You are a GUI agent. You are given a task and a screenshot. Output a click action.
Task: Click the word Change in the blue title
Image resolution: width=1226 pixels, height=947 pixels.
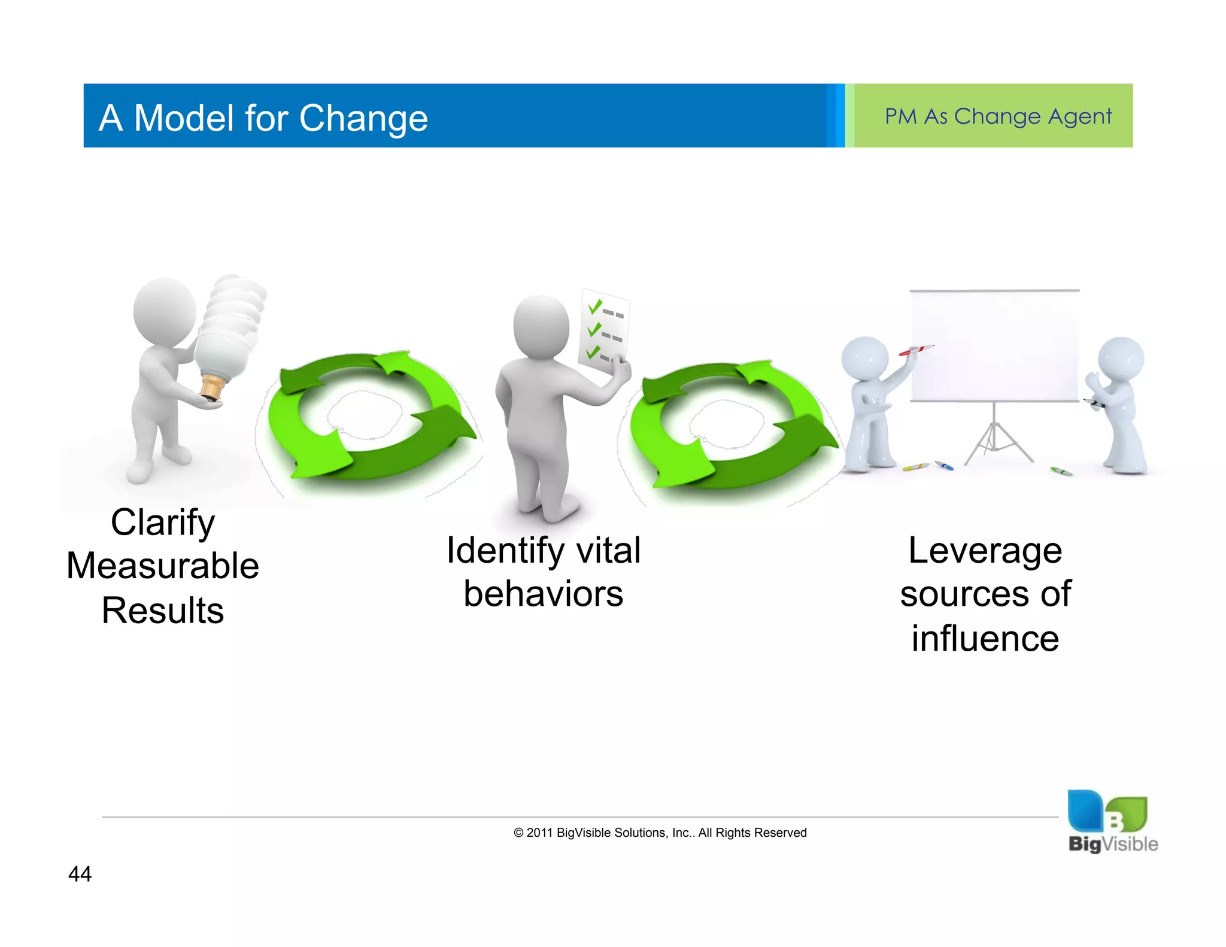pos(363,118)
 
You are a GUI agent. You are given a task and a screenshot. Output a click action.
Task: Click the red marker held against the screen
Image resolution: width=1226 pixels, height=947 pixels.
pos(915,350)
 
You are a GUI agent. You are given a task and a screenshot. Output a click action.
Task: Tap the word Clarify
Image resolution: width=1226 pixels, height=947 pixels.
pos(163,523)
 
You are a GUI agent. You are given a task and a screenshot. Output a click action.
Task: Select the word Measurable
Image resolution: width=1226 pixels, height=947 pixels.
pos(163,566)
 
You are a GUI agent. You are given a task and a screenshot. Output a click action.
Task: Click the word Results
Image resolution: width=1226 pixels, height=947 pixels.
pos(163,611)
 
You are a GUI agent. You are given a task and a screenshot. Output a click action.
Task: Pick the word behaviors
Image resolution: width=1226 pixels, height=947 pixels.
pos(543,594)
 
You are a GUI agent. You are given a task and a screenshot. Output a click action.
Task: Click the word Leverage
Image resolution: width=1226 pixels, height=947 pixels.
pos(985,551)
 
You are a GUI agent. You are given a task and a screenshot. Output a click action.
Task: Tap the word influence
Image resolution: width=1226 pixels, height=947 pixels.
pos(985,639)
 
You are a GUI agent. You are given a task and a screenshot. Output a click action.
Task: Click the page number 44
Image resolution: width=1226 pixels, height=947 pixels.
pos(80,874)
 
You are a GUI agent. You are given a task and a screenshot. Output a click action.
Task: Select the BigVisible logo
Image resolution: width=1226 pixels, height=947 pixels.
pos(1112,821)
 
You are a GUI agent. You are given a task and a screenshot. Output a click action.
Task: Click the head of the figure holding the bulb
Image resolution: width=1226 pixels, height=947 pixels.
pos(164,311)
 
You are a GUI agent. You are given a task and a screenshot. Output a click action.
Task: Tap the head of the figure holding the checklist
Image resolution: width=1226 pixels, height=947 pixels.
pos(541,326)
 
